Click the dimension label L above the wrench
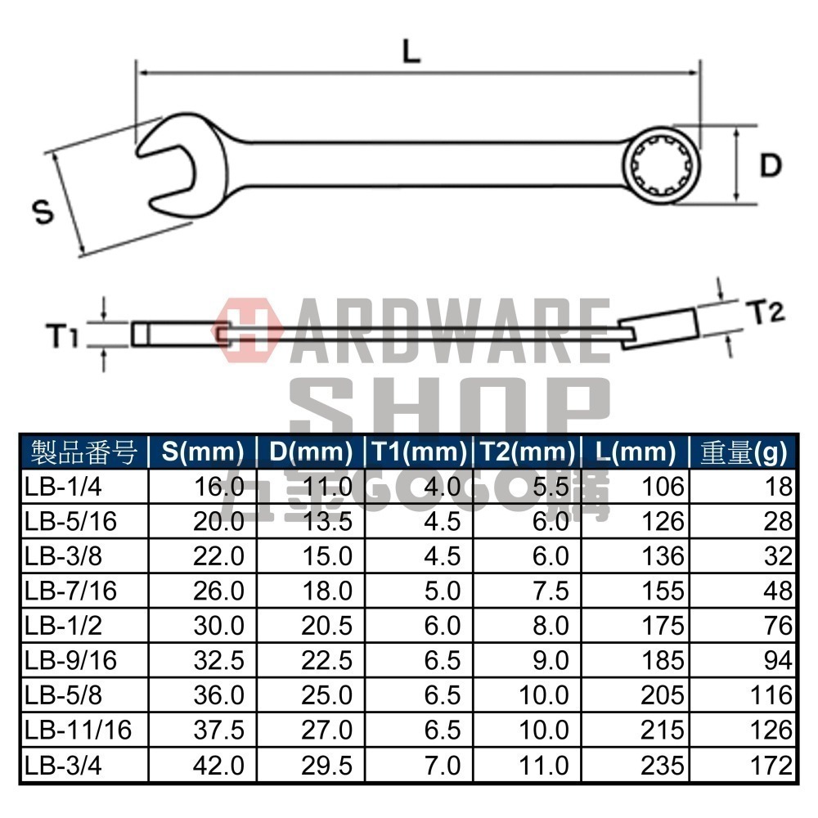[411, 52]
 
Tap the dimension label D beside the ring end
[771, 166]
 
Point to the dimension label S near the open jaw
[43, 213]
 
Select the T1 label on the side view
[61, 335]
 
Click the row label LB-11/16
[78, 730]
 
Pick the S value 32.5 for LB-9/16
[218, 660]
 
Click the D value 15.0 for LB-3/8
[327, 556]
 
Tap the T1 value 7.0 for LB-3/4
[443, 765]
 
